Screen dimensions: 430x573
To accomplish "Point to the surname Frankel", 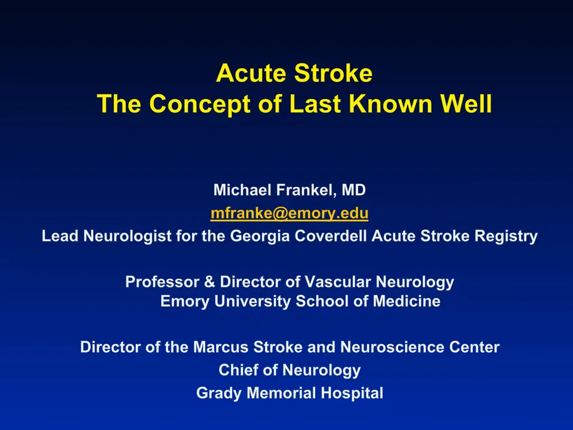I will point(303,191).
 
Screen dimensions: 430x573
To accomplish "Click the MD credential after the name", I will point(353,191).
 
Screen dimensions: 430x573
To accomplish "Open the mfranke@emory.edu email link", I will point(289,213).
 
